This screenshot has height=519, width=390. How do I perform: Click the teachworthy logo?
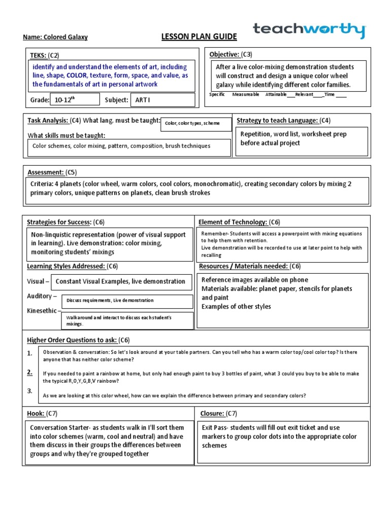tap(309, 30)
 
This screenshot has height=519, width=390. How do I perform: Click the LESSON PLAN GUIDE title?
tap(192, 37)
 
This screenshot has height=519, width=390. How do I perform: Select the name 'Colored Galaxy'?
tap(68, 38)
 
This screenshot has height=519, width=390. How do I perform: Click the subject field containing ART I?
tap(162, 100)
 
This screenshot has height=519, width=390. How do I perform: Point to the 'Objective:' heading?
tap(224, 54)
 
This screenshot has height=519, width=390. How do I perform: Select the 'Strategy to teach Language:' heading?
tap(277, 120)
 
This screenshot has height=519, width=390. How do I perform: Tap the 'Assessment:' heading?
tap(45, 172)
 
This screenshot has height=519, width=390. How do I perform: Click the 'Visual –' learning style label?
tap(38, 281)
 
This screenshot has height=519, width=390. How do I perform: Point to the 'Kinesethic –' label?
tap(44, 310)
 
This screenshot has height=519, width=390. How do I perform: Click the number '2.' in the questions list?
tap(30, 372)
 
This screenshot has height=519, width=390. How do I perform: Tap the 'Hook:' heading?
tap(36, 413)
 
